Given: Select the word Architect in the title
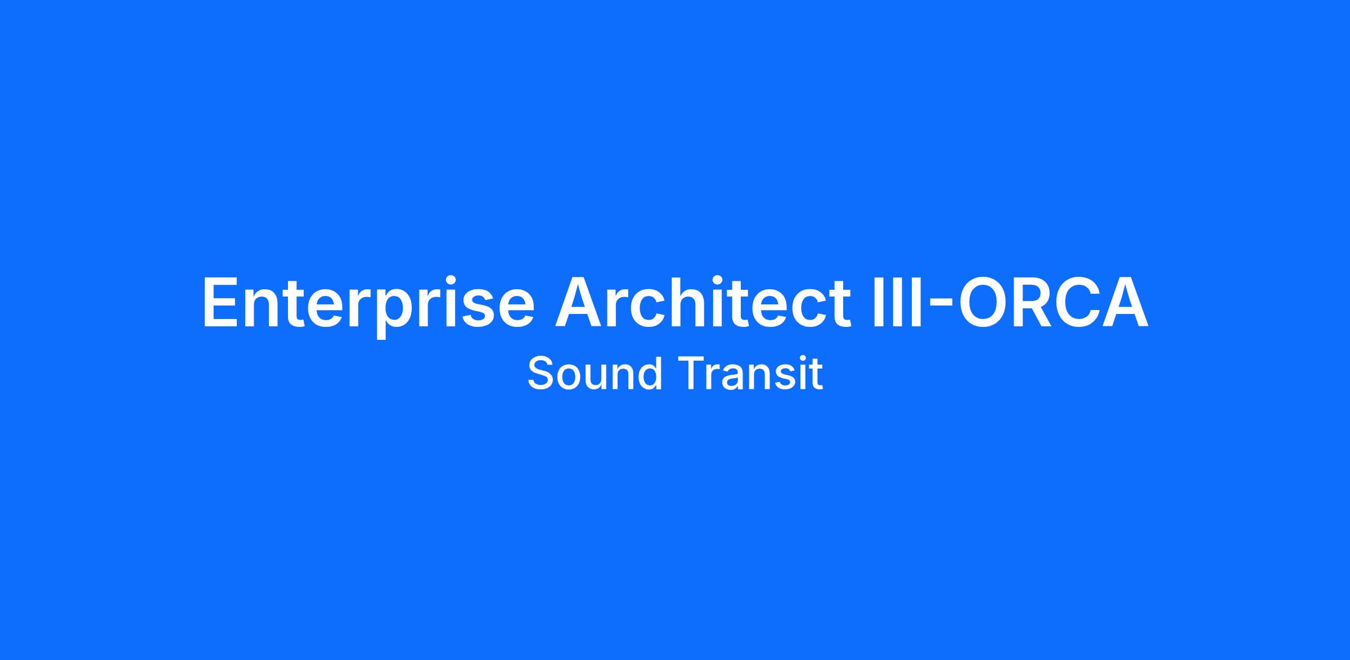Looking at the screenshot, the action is (x=703, y=301).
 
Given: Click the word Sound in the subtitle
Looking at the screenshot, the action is (x=595, y=373).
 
